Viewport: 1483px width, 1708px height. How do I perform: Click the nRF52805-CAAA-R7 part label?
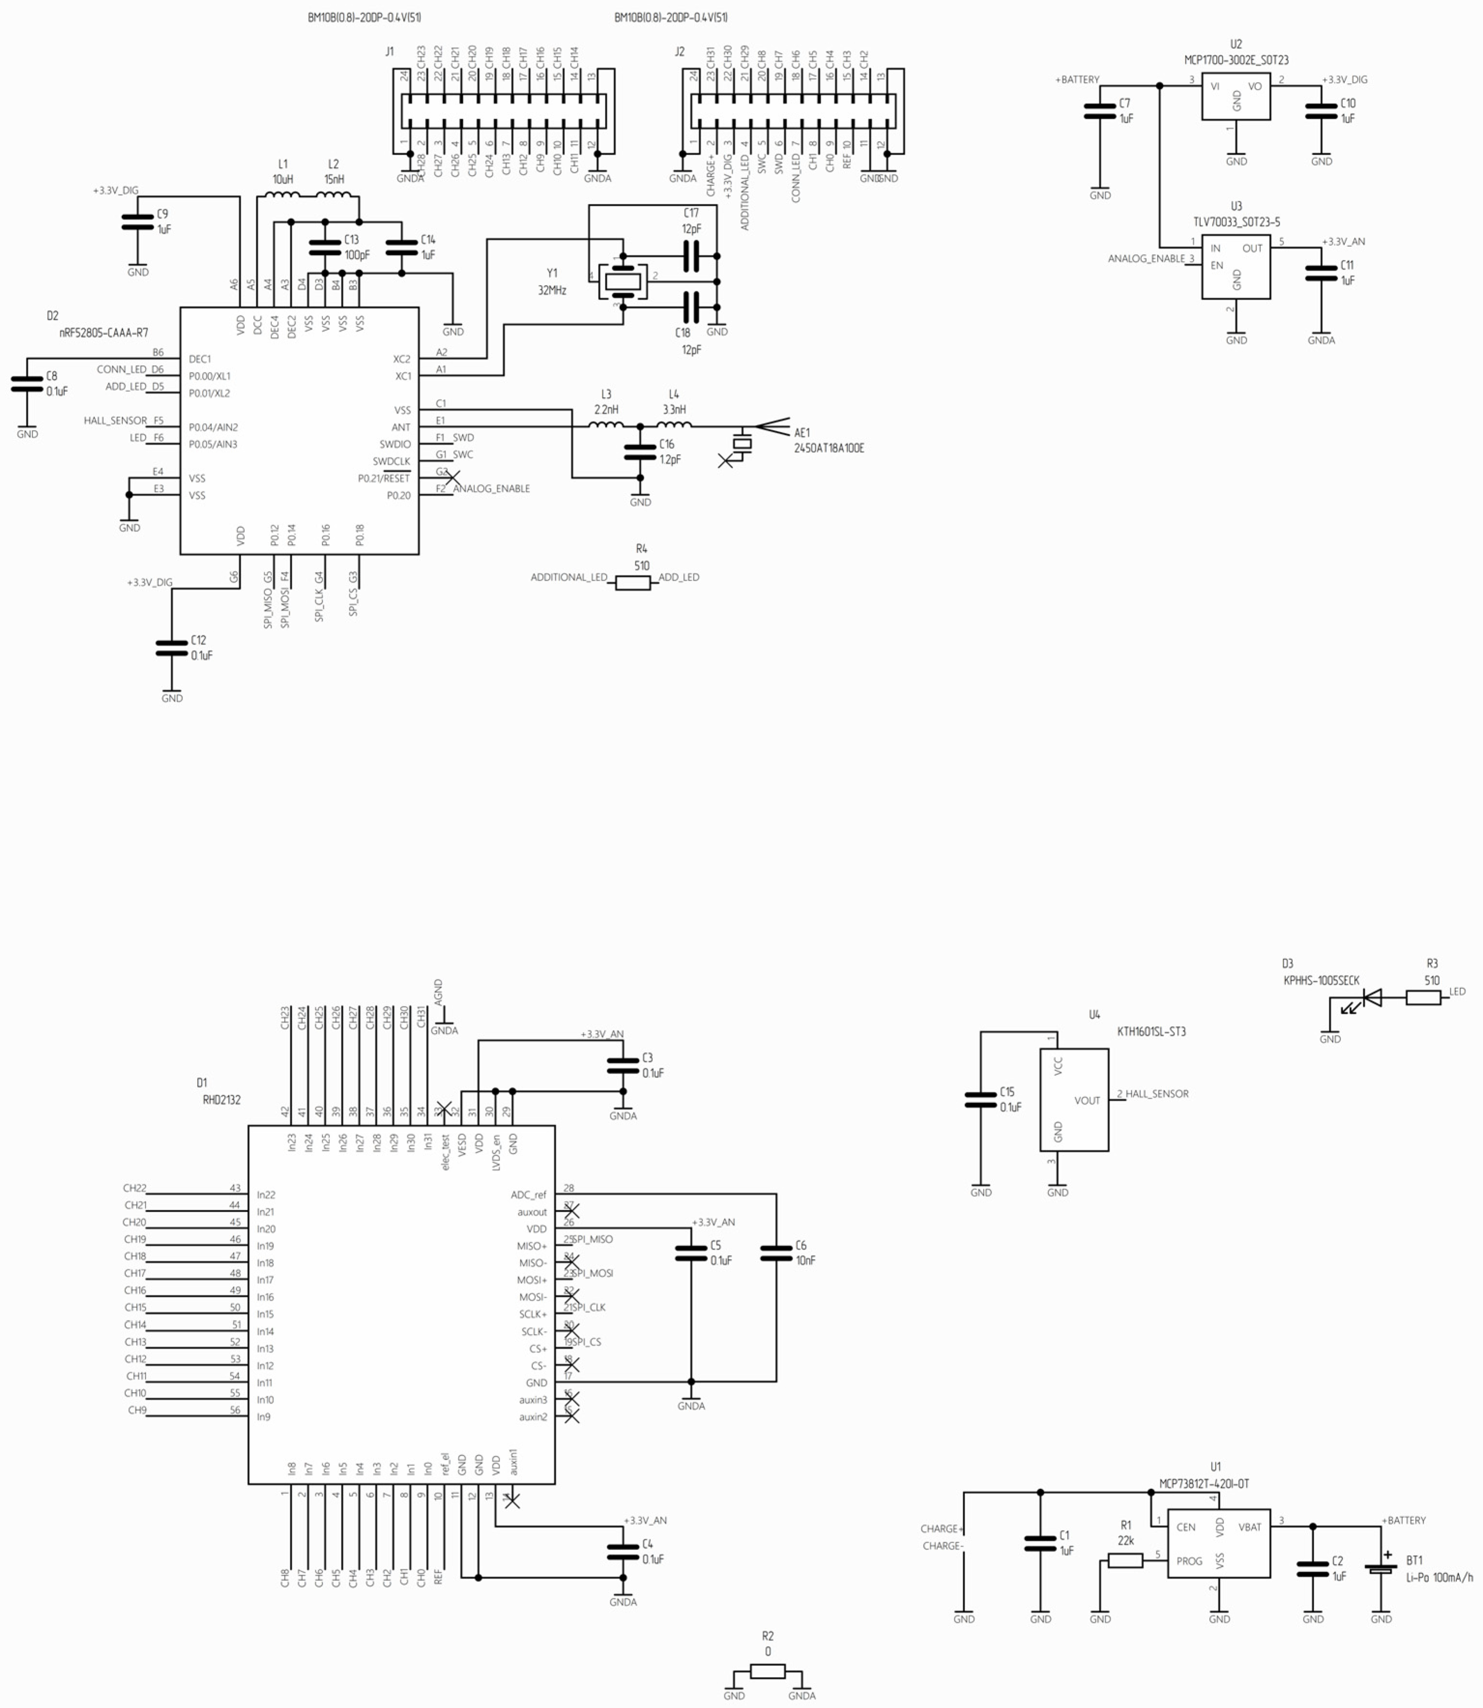click(103, 333)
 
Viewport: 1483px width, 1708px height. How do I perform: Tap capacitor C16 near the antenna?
click(640, 452)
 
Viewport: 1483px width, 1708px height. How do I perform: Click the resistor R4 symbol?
click(633, 583)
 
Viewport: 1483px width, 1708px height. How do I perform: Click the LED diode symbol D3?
click(1371, 998)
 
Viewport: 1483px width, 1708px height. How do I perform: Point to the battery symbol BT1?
click(1381, 1569)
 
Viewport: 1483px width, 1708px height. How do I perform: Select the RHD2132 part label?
click(222, 1100)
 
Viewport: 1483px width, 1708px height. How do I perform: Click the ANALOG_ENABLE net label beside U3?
click(1146, 259)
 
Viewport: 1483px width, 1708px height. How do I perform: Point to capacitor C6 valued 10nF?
click(776, 1253)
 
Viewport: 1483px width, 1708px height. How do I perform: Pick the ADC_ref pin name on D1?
click(528, 1195)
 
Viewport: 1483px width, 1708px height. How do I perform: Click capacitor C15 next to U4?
click(980, 1100)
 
